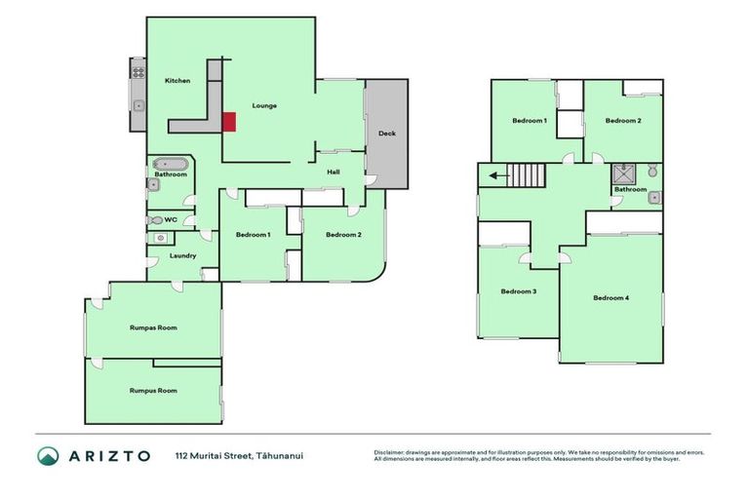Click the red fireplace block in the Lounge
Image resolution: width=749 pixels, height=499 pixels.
coord(229,122)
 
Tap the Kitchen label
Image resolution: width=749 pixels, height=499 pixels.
coord(177,81)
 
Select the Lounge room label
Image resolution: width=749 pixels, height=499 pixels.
coord(264,105)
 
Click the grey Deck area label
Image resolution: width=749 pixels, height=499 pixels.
coord(387,134)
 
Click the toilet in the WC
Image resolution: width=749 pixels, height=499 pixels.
coord(156,220)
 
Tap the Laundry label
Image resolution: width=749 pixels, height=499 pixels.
coord(182,256)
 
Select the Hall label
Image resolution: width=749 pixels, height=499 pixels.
coord(333,172)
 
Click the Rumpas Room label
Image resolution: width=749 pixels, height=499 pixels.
coord(153,328)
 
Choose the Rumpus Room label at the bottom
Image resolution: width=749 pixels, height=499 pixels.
coord(153,390)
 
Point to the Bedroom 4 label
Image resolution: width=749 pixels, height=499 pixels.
coord(611,297)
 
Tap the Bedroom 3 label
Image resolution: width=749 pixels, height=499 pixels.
coord(518,291)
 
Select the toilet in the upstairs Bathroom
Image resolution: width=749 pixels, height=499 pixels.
coord(652,173)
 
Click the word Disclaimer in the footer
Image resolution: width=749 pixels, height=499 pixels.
coord(390,452)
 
